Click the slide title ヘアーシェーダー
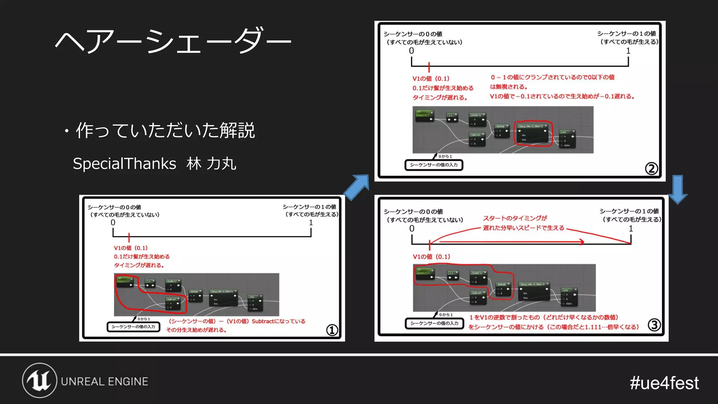173,41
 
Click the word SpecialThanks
124,164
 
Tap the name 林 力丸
211,164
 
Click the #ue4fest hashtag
664,383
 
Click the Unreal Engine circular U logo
40,381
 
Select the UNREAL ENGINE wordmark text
104,382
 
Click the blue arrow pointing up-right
357,187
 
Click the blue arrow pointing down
678,190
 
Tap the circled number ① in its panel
332,330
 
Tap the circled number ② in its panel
651,169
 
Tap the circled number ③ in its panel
654,325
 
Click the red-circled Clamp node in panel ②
533,133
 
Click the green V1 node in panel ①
125,282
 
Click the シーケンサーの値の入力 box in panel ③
434,323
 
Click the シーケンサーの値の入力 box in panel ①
133,327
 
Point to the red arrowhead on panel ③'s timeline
581,242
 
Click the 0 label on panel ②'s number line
411,51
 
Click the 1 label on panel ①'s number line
311,223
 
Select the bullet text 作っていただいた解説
165,130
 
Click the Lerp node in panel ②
567,139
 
